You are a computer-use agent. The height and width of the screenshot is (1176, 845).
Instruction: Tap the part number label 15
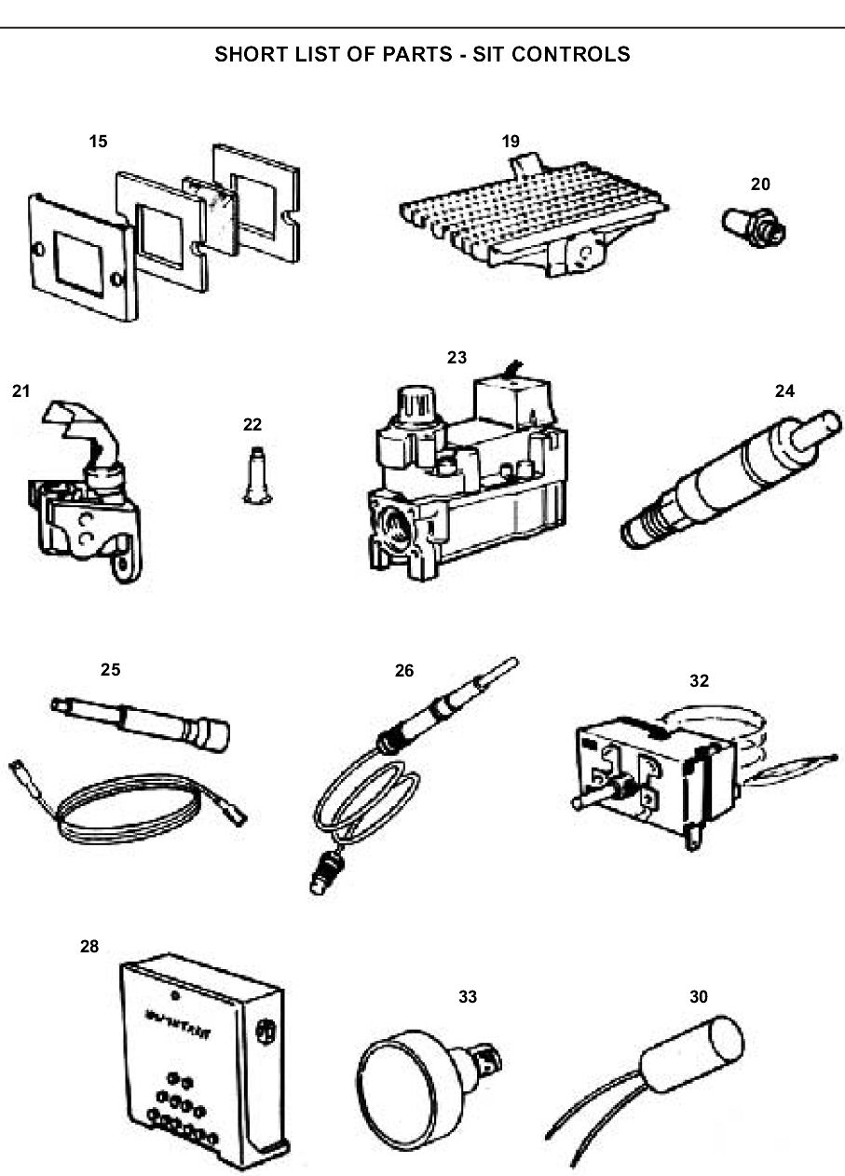click(98, 142)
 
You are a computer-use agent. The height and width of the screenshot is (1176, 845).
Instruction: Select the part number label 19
click(511, 142)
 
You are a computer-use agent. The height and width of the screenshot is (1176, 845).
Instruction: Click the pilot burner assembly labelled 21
click(89, 503)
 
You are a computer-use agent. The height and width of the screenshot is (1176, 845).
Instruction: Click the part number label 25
click(111, 669)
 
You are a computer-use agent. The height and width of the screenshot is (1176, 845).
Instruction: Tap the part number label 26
click(404, 669)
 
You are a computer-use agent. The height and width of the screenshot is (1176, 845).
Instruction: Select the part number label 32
click(699, 680)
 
